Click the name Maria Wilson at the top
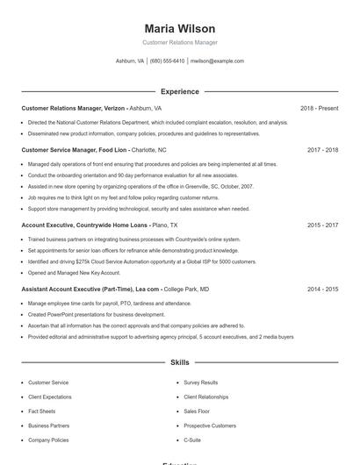(x=179, y=28)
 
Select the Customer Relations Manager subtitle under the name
(x=179, y=42)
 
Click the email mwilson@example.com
(x=217, y=61)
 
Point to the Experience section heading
(x=179, y=91)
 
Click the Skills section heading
(x=179, y=361)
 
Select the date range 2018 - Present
(x=319, y=108)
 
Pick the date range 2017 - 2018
(x=322, y=150)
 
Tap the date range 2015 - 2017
(x=322, y=225)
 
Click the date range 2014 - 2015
(x=322, y=289)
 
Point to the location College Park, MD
(x=186, y=289)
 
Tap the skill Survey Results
(x=201, y=383)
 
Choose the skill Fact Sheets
(x=41, y=411)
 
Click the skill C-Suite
(x=192, y=440)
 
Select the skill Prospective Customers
(x=209, y=426)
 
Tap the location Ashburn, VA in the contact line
(x=130, y=61)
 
